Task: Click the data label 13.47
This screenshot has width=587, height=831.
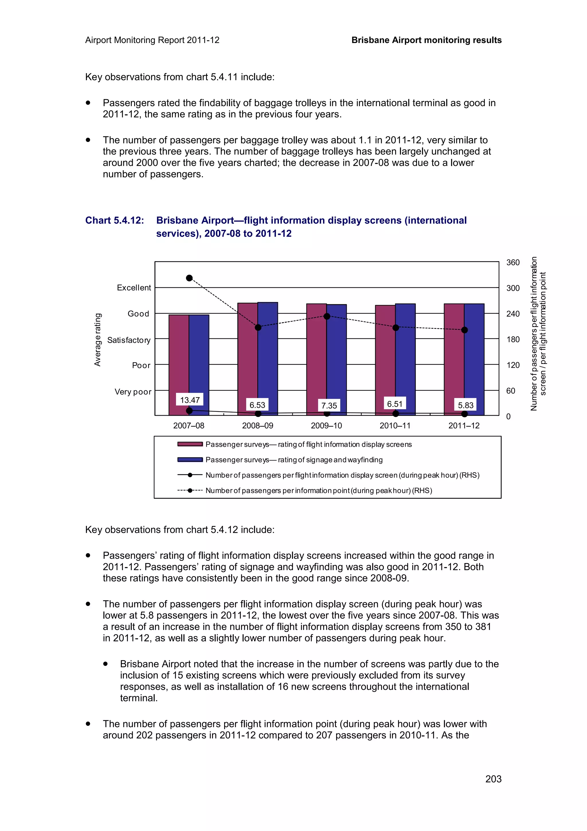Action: [x=189, y=400]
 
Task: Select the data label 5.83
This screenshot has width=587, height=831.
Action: [x=465, y=405]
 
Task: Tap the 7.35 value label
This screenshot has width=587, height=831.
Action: [x=329, y=405]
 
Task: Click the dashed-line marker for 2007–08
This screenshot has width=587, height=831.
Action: [x=189, y=278]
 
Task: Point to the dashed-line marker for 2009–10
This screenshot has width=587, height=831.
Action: [x=326, y=316]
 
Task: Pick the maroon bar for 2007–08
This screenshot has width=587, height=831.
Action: [x=179, y=362]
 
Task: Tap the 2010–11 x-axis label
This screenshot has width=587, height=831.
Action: [x=395, y=426]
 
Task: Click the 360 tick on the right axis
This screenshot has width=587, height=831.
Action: [x=512, y=262]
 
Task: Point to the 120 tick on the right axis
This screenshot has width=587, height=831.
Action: [x=512, y=365]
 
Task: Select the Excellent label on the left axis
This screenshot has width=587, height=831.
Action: [x=134, y=288]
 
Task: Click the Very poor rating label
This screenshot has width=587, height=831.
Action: [x=133, y=392]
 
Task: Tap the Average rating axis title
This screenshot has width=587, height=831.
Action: [x=97, y=340]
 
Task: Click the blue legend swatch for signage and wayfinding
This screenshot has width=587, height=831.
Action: [x=190, y=460]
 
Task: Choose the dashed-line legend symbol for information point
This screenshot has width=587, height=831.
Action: [x=190, y=490]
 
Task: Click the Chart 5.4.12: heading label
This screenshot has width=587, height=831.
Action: [x=114, y=221]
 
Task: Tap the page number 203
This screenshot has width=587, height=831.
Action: [x=493, y=779]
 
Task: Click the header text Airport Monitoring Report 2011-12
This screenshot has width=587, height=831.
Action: [x=152, y=40]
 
